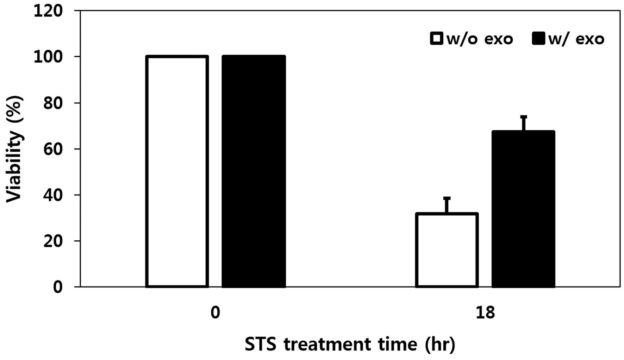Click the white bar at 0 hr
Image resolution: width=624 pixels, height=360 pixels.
[x=177, y=171]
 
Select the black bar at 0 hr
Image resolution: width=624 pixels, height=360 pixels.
[x=254, y=171]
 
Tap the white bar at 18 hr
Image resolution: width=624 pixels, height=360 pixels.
[x=447, y=250]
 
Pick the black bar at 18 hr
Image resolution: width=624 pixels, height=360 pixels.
[x=523, y=209]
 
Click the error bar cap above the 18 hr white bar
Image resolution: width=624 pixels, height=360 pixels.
[x=447, y=198]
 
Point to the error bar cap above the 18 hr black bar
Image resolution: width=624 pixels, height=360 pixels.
[x=524, y=117]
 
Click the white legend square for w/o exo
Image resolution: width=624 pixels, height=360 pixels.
[x=436, y=38]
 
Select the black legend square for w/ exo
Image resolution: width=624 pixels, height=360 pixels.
[x=539, y=38]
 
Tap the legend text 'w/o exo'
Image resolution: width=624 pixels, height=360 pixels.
[x=480, y=39]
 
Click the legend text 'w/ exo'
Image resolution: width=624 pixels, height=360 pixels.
[x=576, y=39]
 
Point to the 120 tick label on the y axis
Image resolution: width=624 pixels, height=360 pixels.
[x=48, y=11]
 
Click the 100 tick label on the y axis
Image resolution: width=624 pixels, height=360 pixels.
[x=48, y=57]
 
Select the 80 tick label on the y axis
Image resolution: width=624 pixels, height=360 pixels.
[x=53, y=103]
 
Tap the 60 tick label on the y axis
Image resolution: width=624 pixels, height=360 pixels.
[x=53, y=149]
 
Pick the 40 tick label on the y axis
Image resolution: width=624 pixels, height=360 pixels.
[x=53, y=195]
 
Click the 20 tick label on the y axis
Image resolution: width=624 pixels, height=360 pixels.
[x=53, y=241]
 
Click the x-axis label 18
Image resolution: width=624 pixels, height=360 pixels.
[x=485, y=312]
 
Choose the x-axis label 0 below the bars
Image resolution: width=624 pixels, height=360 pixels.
[x=215, y=312]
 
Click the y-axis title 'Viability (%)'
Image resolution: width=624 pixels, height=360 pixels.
[x=14, y=149]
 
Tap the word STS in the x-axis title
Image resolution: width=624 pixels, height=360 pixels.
[x=260, y=344]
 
